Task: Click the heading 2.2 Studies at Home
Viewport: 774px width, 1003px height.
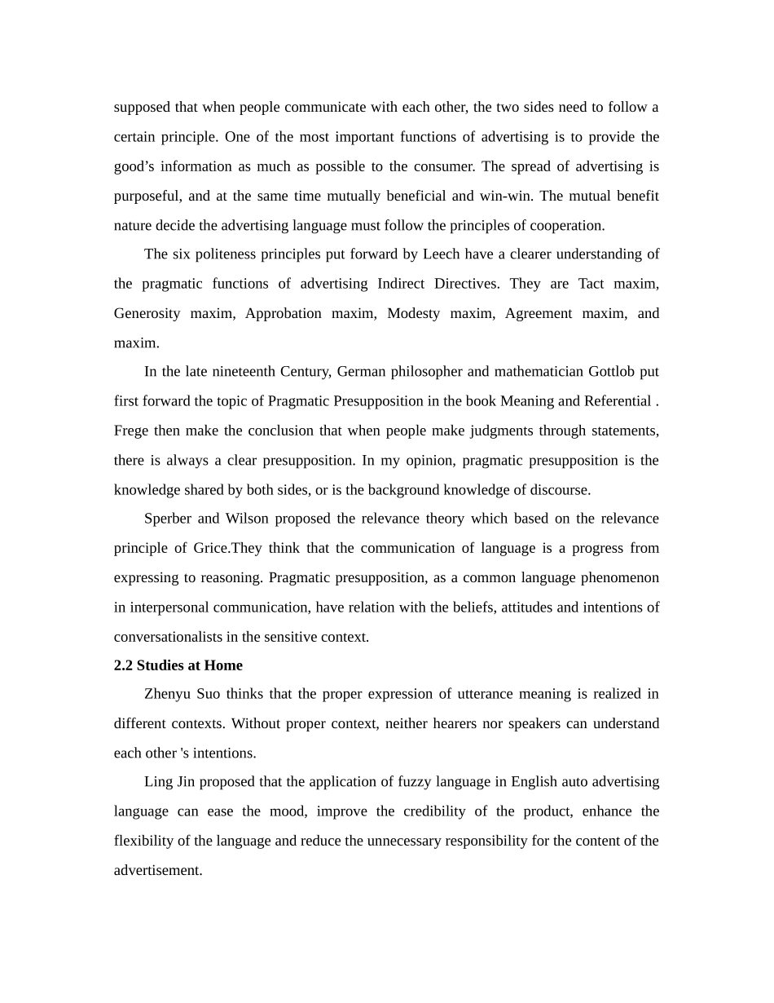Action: pyautogui.click(x=178, y=665)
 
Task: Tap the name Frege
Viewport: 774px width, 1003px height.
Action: pyautogui.click(x=130, y=431)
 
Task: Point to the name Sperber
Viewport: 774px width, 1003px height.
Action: pyautogui.click(x=168, y=519)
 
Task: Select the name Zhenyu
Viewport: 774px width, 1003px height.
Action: pyautogui.click(x=167, y=694)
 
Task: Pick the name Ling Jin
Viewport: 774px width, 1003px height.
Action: pyautogui.click(x=169, y=782)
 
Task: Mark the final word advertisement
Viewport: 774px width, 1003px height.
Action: pyautogui.click(x=157, y=870)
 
